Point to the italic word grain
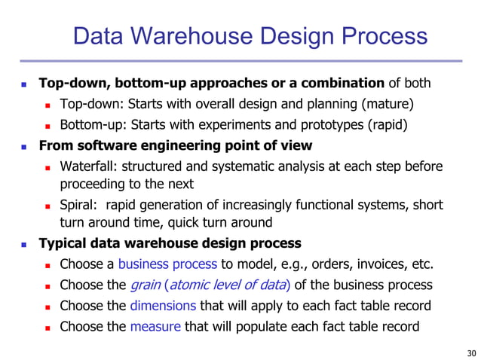[x=145, y=285]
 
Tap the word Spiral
[x=78, y=205]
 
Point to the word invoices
[x=371, y=264]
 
